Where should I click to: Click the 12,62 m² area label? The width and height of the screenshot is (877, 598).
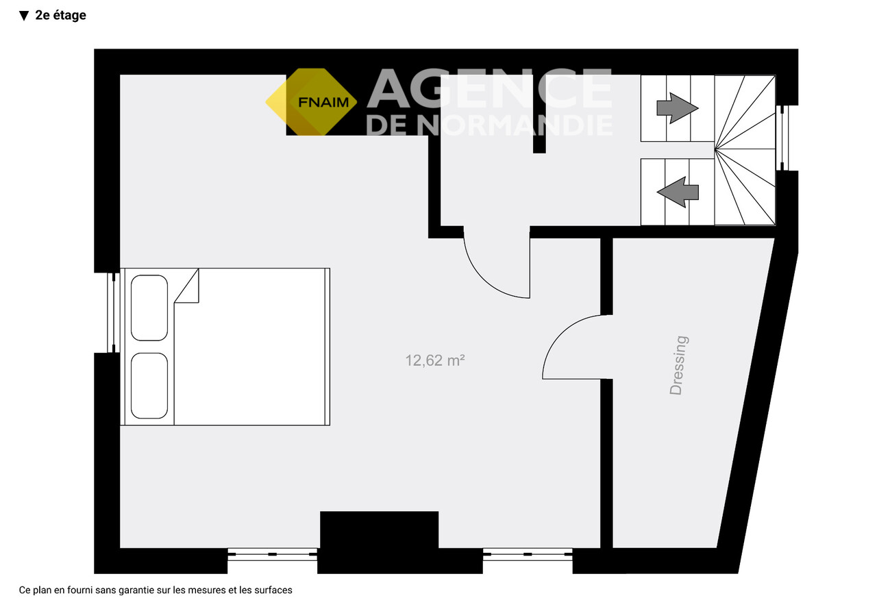[434, 360]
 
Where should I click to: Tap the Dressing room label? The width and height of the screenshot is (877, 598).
[678, 365]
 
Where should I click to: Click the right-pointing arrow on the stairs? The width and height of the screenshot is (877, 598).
[678, 108]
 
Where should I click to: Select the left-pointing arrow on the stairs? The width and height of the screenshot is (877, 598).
[678, 192]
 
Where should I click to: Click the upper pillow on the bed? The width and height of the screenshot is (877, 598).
[149, 308]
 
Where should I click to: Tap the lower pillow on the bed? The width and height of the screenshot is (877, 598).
[149, 386]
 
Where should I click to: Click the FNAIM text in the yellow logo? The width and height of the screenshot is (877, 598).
[323, 102]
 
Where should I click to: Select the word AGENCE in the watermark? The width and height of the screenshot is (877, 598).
[489, 88]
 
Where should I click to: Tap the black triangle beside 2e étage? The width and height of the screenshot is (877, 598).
[24, 16]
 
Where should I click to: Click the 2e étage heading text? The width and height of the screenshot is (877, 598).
[61, 15]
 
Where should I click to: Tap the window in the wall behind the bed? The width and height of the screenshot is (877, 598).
[114, 312]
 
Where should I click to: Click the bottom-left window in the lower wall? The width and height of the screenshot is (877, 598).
[273, 554]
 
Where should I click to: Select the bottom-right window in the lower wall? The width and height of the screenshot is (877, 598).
[528, 554]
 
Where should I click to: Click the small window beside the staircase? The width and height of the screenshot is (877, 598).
[782, 138]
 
